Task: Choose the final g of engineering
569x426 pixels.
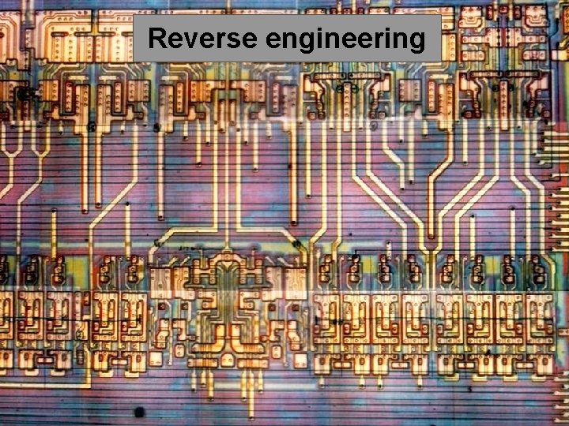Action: pyautogui.click(x=416, y=42)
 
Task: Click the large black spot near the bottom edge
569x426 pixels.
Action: pyautogui.click(x=139, y=411)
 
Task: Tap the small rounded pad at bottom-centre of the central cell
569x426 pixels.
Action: pyautogui.click(x=227, y=359)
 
